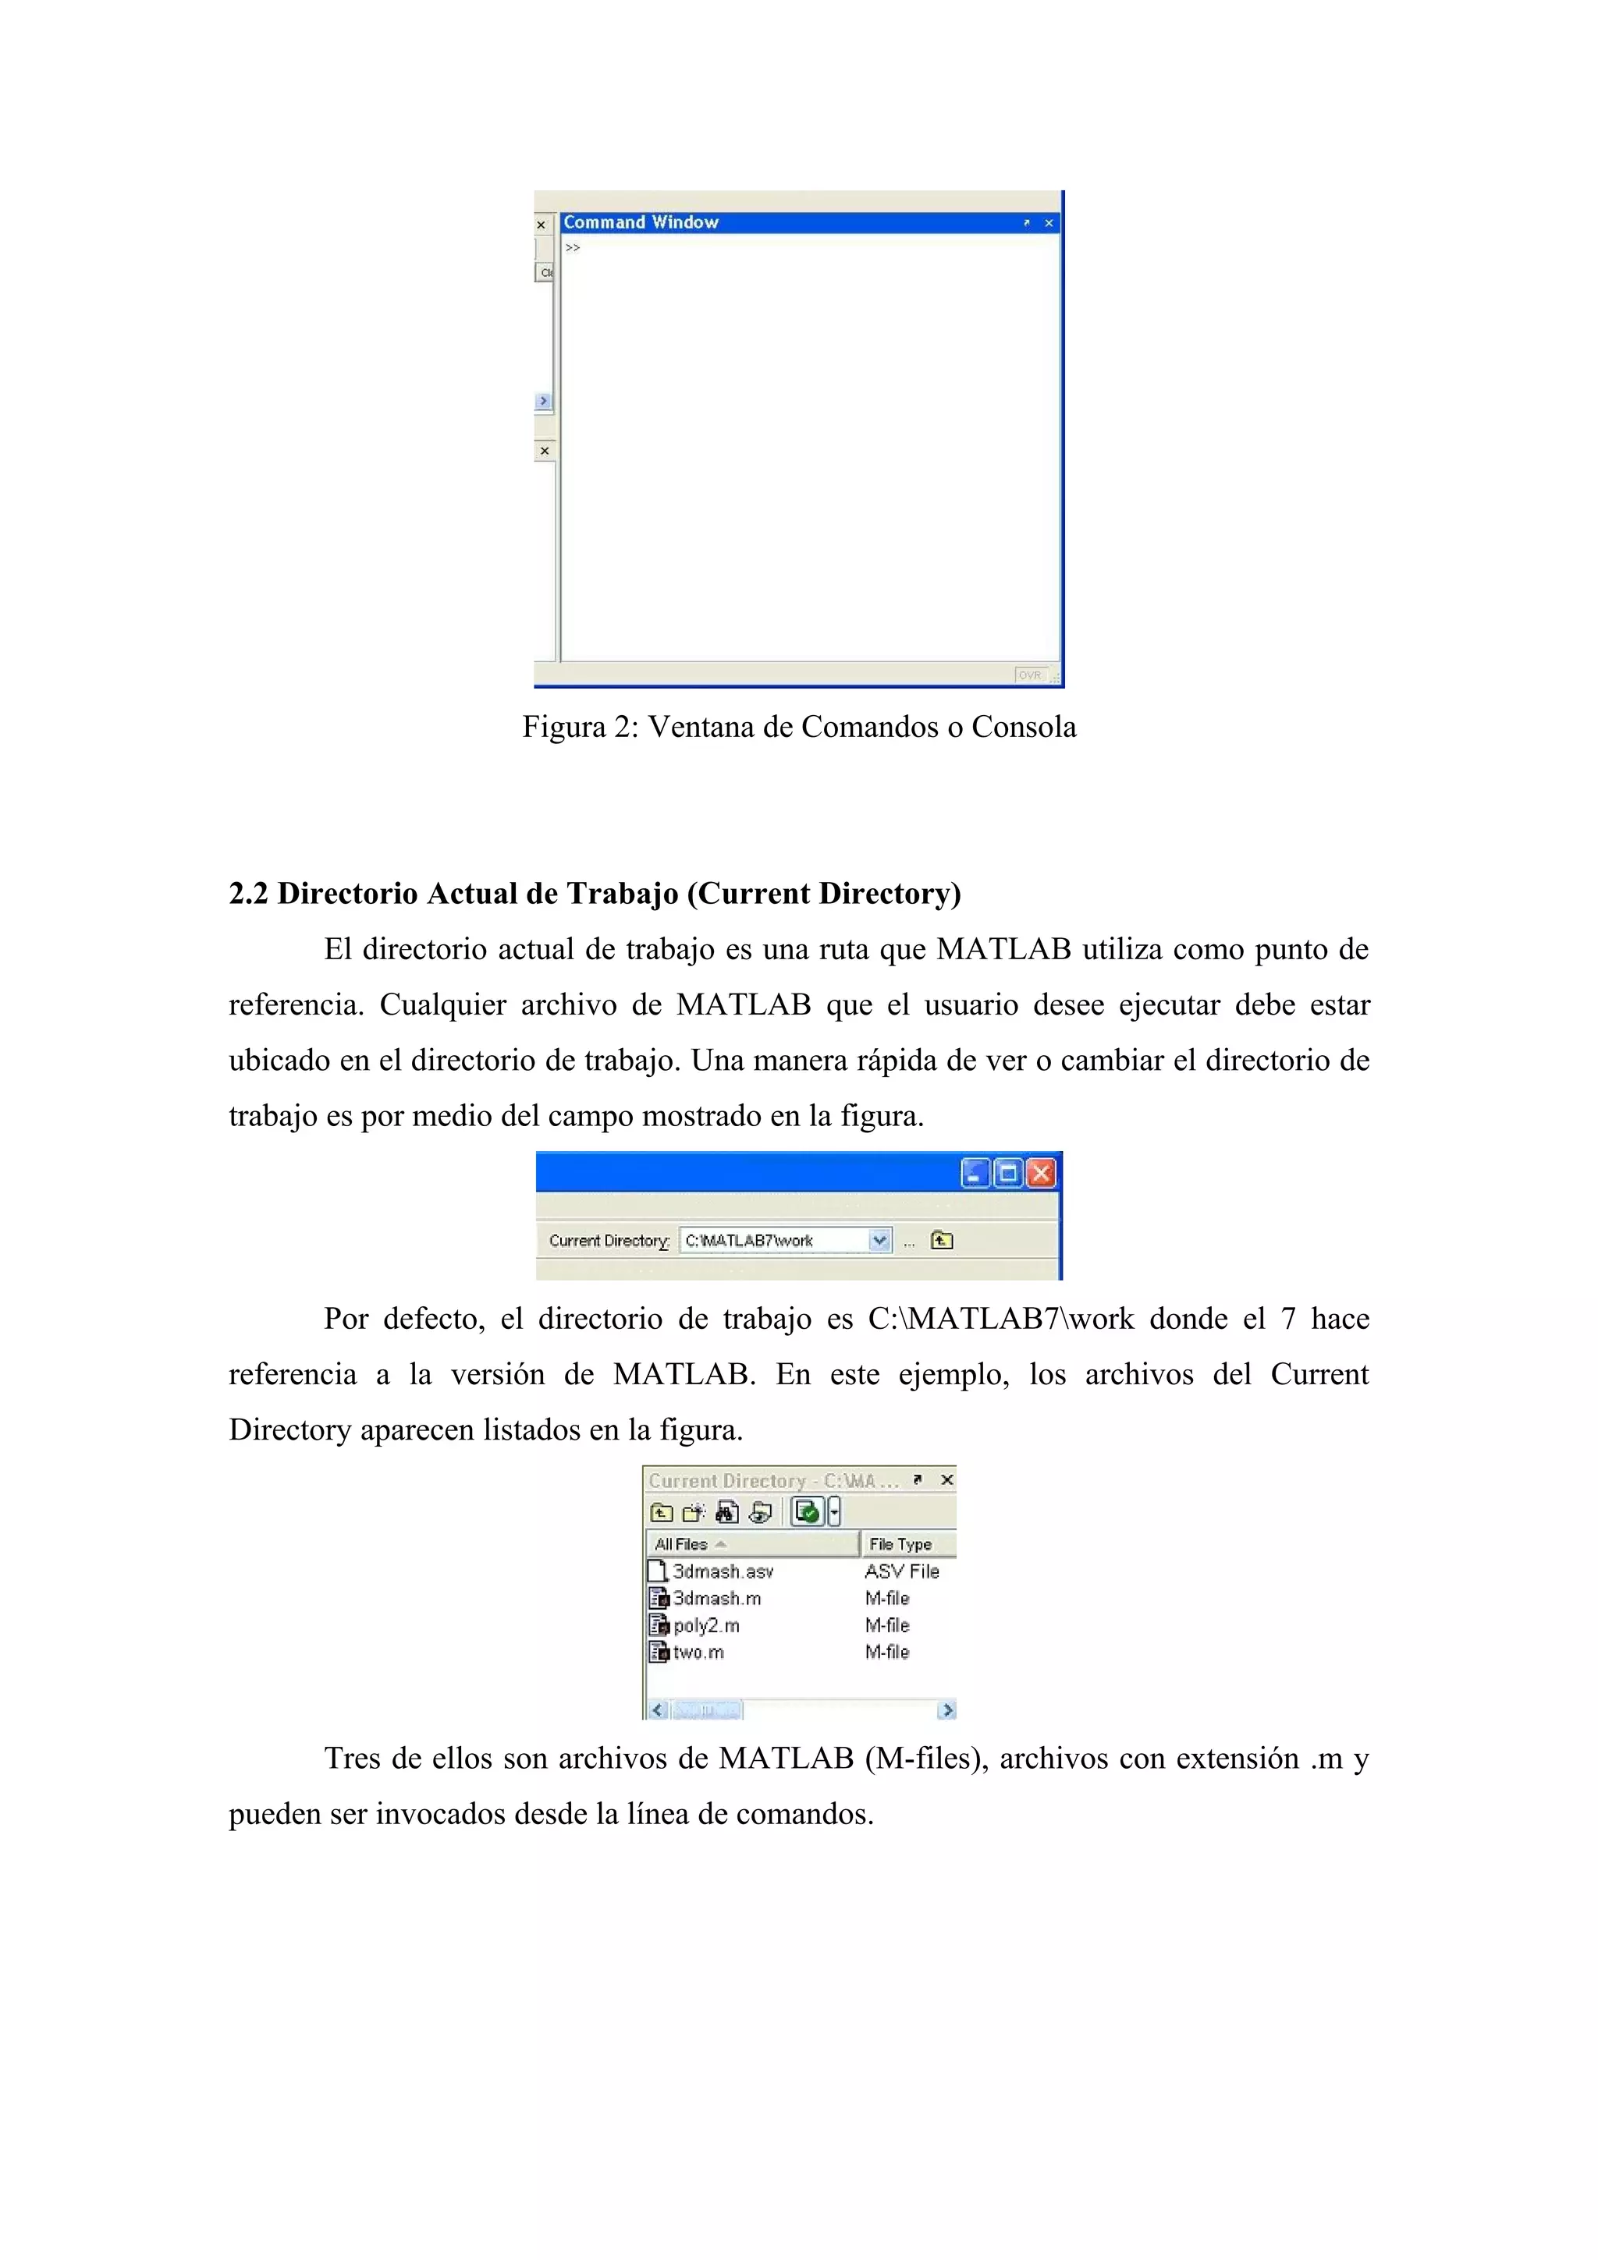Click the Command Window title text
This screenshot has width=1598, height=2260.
(x=641, y=222)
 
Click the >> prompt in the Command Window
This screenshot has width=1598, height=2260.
(x=573, y=248)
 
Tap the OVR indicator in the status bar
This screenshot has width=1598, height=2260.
(x=1030, y=675)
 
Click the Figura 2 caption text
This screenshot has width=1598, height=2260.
(x=798, y=728)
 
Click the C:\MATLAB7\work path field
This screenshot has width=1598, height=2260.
(x=773, y=1242)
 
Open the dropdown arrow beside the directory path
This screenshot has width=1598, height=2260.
(x=880, y=1242)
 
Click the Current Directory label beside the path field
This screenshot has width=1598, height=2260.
(x=609, y=1242)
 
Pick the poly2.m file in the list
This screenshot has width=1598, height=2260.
(x=706, y=1626)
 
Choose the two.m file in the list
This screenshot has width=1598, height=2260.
(x=698, y=1652)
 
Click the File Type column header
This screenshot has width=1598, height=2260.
(x=900, y=1544)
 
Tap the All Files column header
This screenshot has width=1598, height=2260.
(x=681, y=1544)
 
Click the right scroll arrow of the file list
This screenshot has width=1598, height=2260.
(x=947, y=1711)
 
